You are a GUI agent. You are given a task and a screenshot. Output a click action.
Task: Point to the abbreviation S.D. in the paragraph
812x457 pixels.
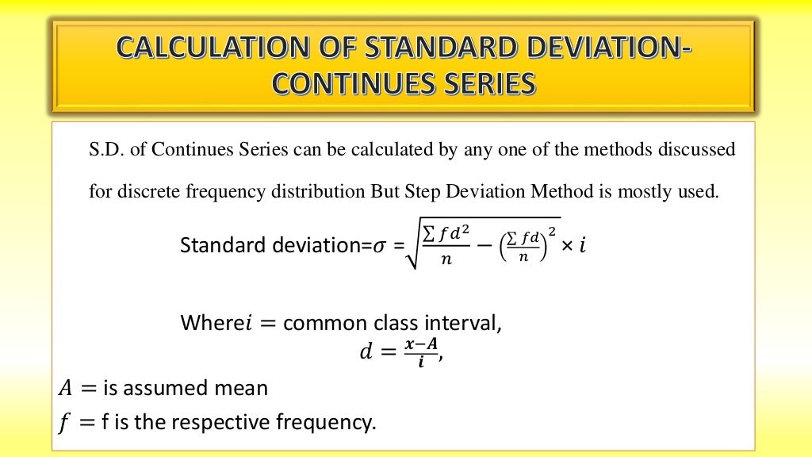(x=105, y=149)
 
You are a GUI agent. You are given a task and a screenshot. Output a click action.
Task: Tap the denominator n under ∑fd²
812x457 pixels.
(x=446, y=259)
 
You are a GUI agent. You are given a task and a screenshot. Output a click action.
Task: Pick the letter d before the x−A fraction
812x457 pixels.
(x=366, y=351)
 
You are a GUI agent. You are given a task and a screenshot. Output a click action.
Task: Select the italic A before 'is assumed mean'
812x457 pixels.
(x=65, y=389)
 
